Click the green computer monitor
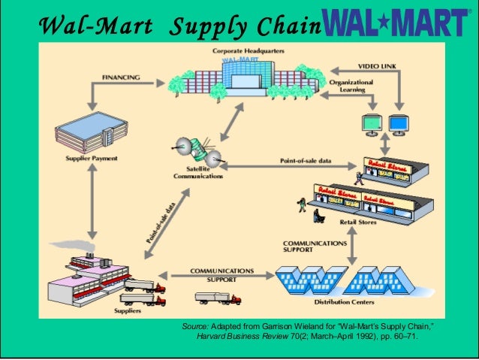[x=371, y=123]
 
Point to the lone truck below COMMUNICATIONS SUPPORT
[x=218, y=298]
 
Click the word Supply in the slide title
[x=206, y=28]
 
